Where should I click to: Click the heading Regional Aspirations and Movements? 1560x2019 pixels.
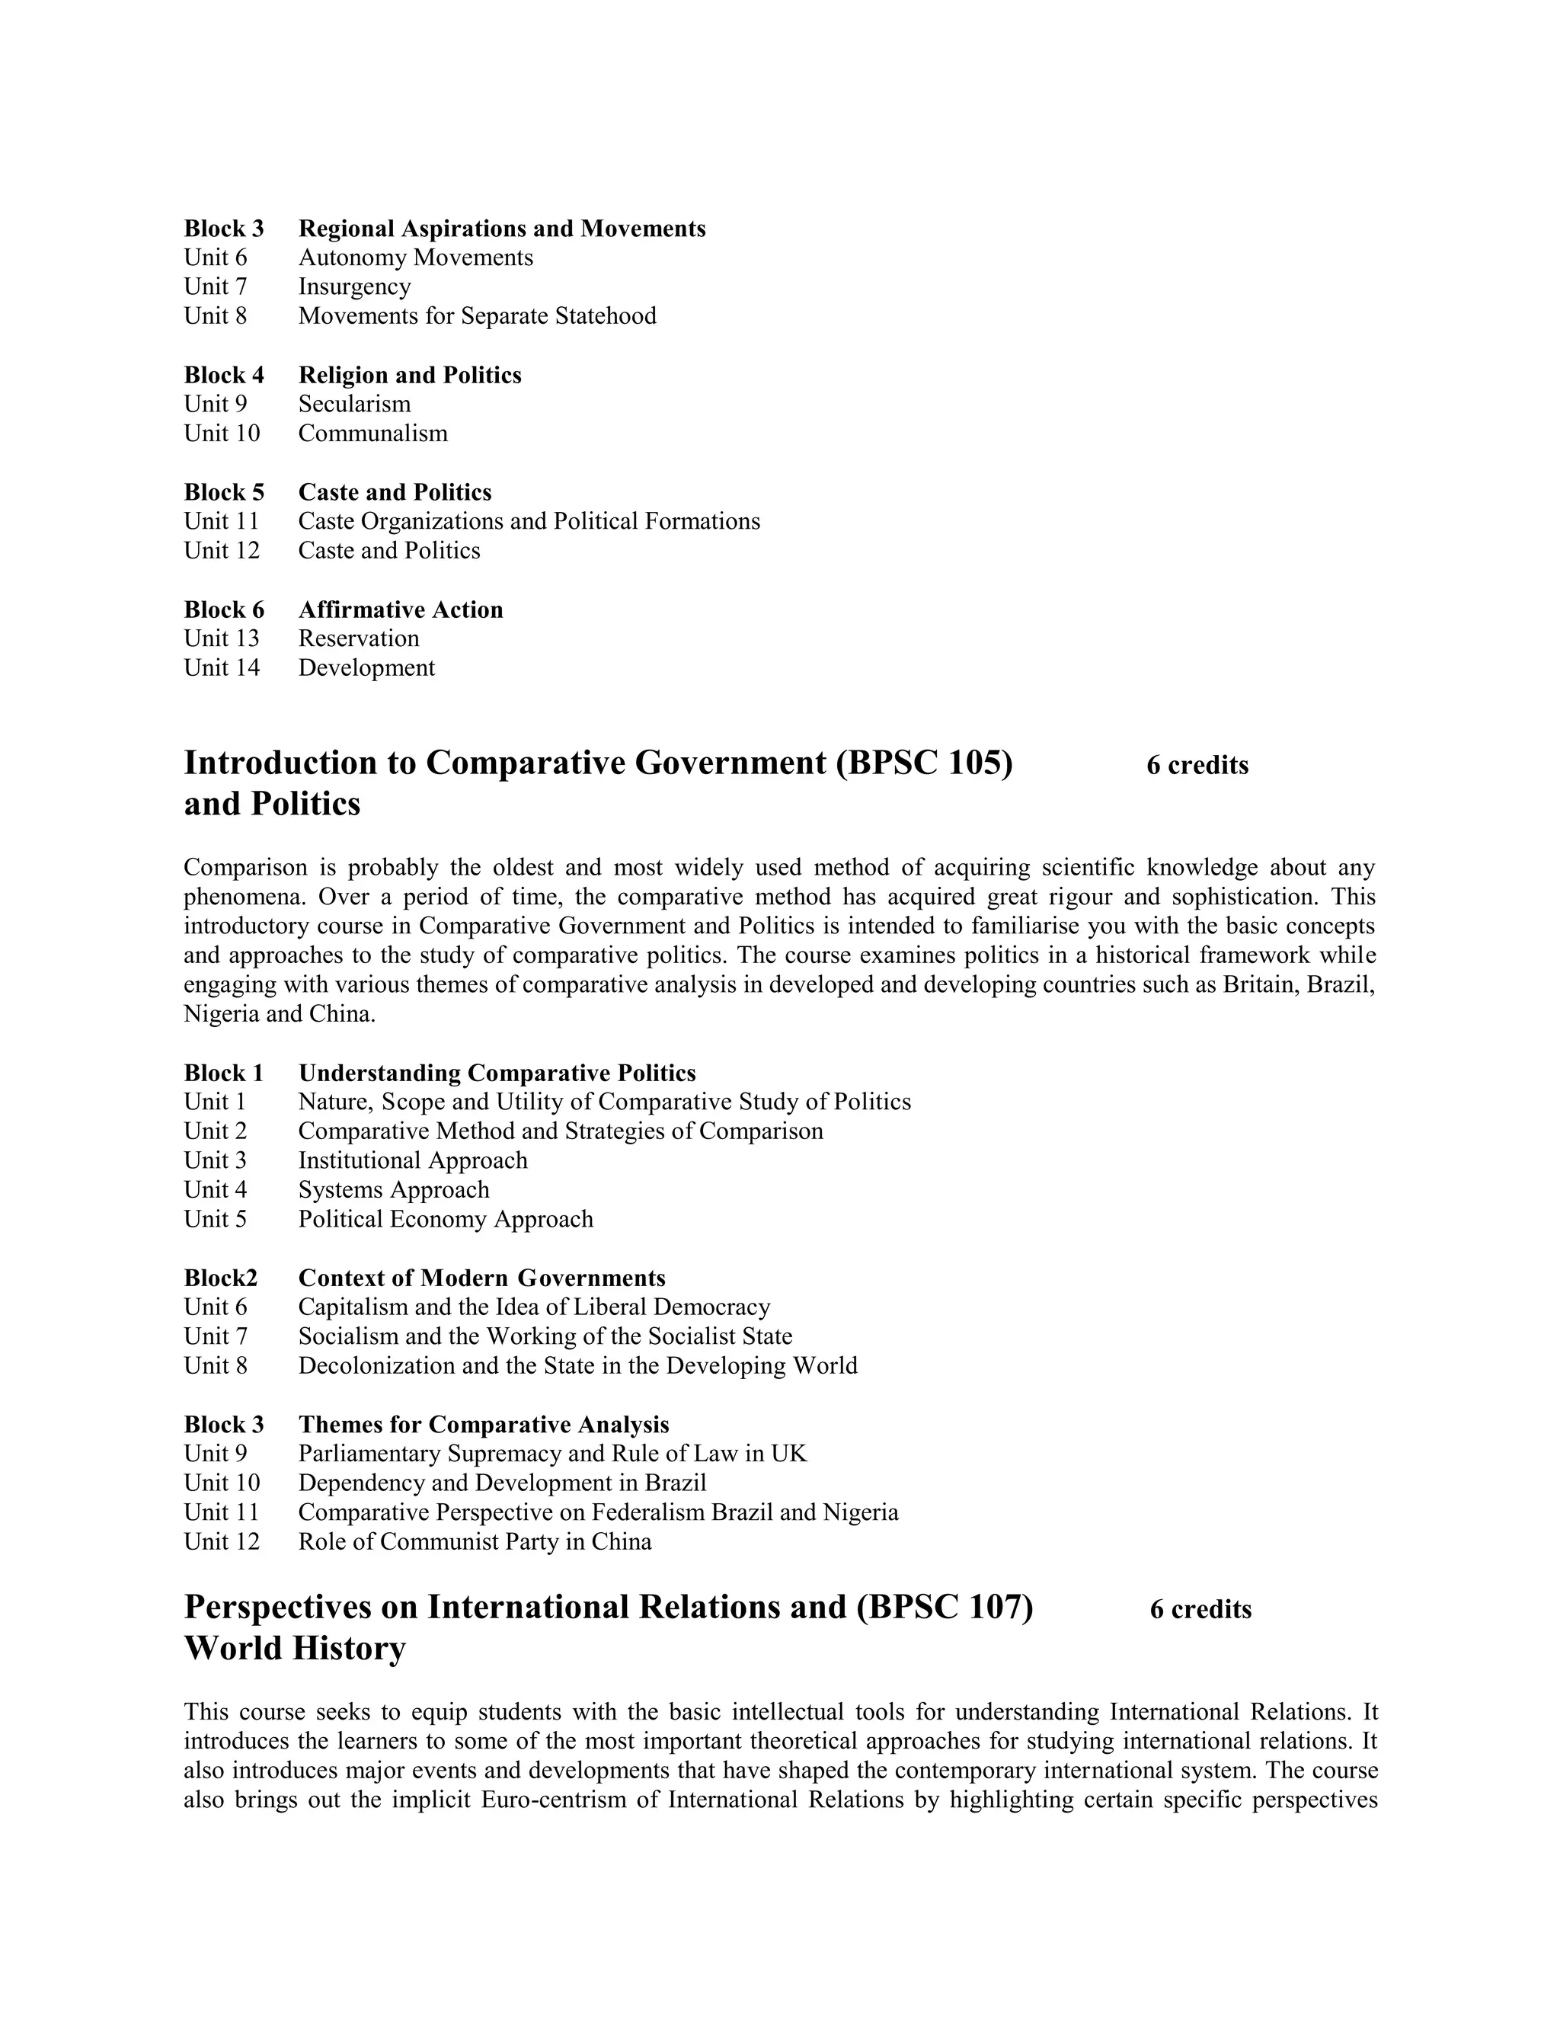click(x=502, y=229)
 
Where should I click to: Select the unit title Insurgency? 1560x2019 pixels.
click(x=354, y=286)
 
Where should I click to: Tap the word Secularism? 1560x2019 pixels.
click(x=354, y=404)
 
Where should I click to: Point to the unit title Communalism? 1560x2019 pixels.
click(x=372, y=434)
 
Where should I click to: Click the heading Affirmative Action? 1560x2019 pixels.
click(x=400, y=610)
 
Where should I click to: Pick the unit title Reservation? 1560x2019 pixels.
click(x=359, y=638)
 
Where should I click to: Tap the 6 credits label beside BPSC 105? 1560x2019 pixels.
click(x=1197, y=766)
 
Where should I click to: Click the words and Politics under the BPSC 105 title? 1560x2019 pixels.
click(x=272, y=805)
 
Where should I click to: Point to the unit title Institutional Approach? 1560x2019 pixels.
click(x=412, y=1161)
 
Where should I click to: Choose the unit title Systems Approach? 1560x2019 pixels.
click(x=394, y=1191)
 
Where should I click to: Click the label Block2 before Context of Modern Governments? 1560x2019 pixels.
click(x=221, y=1278)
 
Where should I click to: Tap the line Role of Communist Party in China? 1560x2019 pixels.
click(x=474, y=1542)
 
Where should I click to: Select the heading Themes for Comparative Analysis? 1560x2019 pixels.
click(x=484, y=1425)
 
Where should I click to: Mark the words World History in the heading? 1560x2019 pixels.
click(x=295, y=1648)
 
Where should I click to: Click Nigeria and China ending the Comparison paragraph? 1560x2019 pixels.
click(x=279, y=1014)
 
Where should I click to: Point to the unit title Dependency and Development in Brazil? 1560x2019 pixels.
click(x=502, y=1483)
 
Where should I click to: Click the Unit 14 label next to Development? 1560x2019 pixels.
click(x=222, y=668)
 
